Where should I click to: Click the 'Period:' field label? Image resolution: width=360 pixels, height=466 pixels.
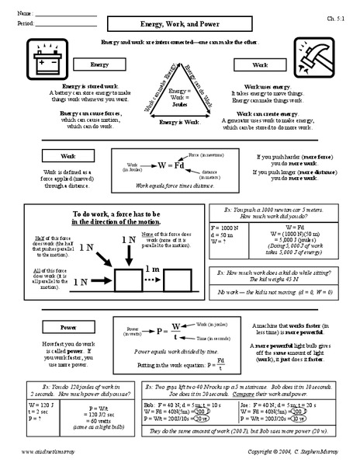tap(28, 25)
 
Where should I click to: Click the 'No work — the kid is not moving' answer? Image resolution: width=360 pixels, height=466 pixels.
tap(281, 287)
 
